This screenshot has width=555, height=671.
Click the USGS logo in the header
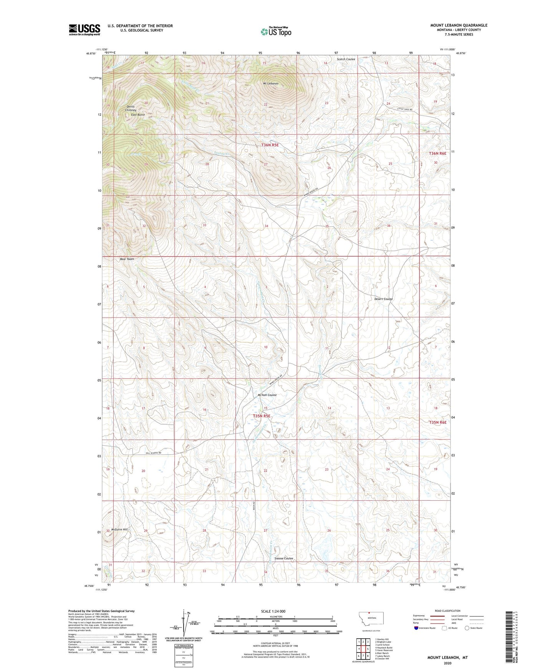84,30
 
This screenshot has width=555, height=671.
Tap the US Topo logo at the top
275,32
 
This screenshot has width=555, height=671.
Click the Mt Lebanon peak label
271,83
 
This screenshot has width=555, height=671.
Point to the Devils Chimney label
131,108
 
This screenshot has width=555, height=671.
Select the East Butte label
138,115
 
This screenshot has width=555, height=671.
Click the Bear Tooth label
127,259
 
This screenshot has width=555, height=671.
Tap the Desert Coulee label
383,299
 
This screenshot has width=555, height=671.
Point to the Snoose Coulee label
284,558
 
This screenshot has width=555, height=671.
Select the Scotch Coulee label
346,59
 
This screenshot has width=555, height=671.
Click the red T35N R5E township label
262,416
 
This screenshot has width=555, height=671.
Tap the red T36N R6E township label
438,153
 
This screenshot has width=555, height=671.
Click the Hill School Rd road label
153,453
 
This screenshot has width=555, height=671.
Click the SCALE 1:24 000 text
273,611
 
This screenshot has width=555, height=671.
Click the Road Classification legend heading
447,611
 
